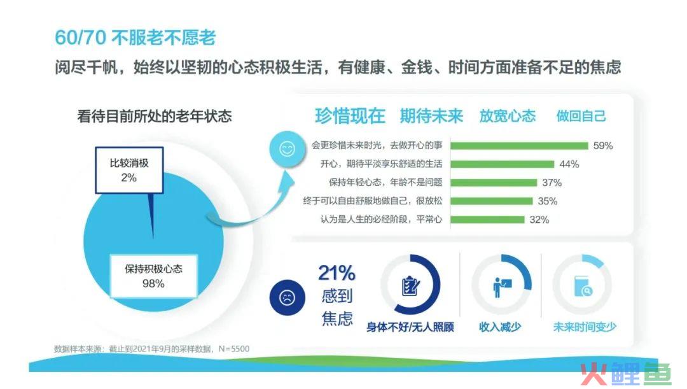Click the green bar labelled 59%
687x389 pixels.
click(x=519, y=146)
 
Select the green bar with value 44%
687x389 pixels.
click(x=502, y=164)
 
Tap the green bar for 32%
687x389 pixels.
click(x=487, y=219)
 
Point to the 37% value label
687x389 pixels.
click(x=552, y=183)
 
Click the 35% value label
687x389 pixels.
click(x=548, y=201)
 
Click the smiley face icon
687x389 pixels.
click(x=288, y=149)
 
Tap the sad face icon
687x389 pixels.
click(x=287, y=298)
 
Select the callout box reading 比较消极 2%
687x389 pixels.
click(x=129, y=170)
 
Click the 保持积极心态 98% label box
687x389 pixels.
click(x=153, y=276)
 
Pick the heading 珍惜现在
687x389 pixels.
click(x=350, y=117)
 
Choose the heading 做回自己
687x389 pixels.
click(x=581, y=117)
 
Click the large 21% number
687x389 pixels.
click(x=337, y=273)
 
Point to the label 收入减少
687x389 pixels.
click(x=500, y=327)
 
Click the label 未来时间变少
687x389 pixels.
click(x=585, y=327)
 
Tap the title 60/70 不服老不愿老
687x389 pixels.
click(x=135, y=38)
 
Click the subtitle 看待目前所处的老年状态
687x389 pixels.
click(x=154, y=117)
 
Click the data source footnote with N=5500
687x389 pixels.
click(x=151, y=349)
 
